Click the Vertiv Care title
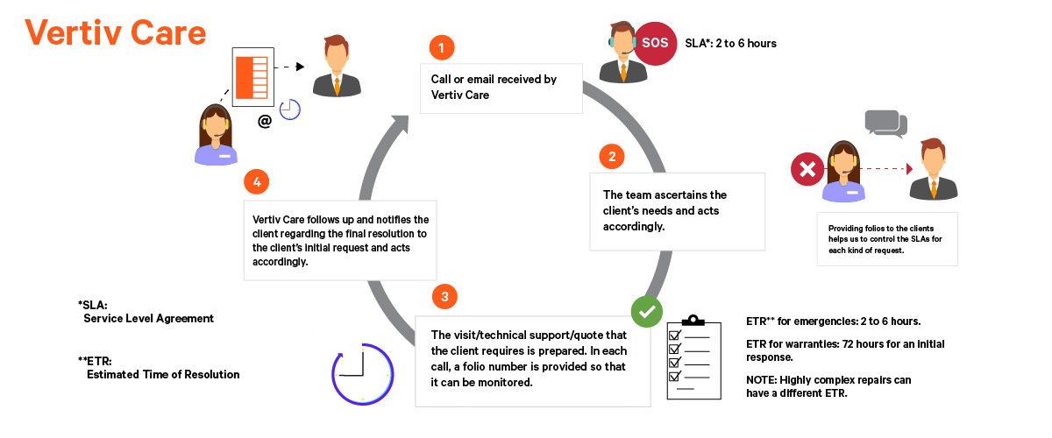click(116, 32)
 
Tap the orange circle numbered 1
click(442, 46)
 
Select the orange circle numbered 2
click(612, 157)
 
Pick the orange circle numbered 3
click(444, 296)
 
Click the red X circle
click(805, 168)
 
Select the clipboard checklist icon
click(694, 355)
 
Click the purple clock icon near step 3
click(361, 374)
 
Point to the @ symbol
click(264, 122)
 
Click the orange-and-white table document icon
click(253, 80)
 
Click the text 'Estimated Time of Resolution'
click(163, 374)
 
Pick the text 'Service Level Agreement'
click(148, 319)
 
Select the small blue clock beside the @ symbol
click(290, 108)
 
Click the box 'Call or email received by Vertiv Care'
click(501, 88)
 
